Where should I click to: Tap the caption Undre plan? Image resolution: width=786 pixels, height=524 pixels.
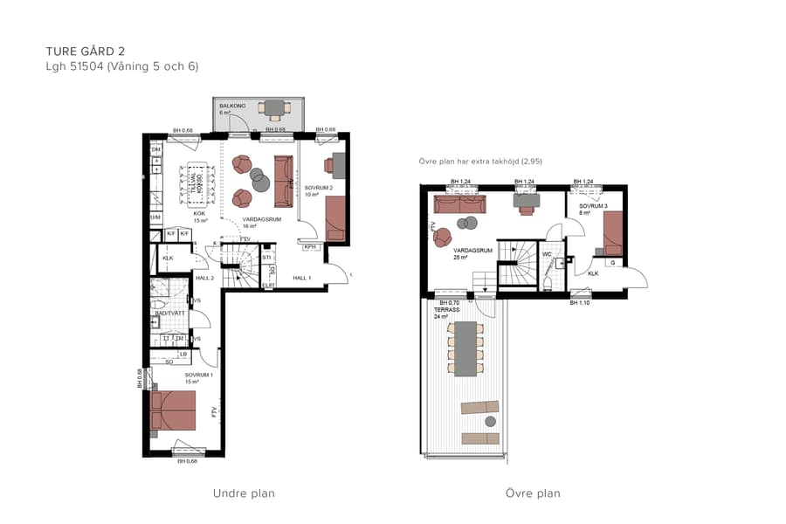[244, 493]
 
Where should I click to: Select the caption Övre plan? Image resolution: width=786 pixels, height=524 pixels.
[533, 493]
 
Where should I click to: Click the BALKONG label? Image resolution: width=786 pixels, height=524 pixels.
[232, 106]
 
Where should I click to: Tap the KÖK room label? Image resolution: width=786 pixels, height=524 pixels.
[199, 213]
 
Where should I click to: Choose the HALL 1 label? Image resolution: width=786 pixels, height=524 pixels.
[302, 278]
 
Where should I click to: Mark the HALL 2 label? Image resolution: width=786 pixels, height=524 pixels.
[206, 278]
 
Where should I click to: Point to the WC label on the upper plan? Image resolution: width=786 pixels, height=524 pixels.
[546, 255]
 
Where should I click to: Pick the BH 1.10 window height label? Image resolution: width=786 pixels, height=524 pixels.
[581, 302]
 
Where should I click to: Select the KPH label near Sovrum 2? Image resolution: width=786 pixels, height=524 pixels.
[309, 247]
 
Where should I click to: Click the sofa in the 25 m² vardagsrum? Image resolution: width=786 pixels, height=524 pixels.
[458, 204]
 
